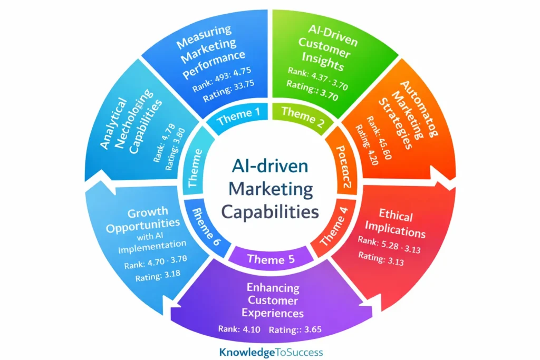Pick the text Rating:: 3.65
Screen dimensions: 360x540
pos(295,330)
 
